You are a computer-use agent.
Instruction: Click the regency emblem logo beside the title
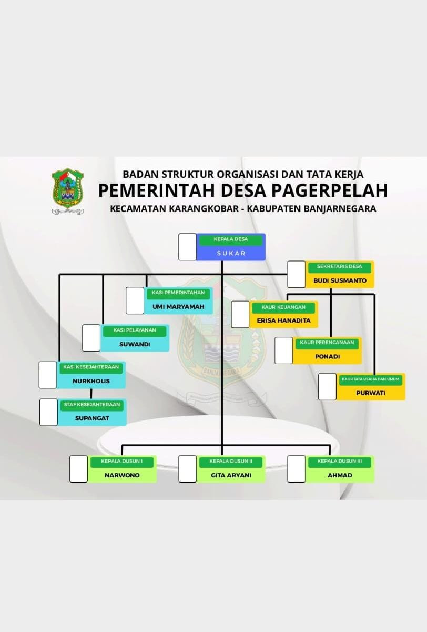(x=68, y=190)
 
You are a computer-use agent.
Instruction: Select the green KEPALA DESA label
(x=230, y=239)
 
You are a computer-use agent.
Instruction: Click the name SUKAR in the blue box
(x=231, y=253)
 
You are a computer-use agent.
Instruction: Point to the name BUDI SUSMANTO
(x=340, y=280)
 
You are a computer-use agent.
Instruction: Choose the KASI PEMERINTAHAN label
(x=178, y=293)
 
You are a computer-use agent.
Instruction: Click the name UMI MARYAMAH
(x=178, y=307)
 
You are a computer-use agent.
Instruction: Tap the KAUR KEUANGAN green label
(x=283, y=307)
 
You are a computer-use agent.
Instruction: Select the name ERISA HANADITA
(x=284, y=320)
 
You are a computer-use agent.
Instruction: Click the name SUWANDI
(x=135, y=344)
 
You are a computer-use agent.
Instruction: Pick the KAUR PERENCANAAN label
(x=327, y=343)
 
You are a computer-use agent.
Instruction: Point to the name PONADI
(x=327, y=356)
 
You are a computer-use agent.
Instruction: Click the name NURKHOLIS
(x=91, y=380)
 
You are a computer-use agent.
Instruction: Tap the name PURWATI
(x=371, y=393)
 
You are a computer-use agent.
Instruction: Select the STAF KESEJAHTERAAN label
(x=91, y=405)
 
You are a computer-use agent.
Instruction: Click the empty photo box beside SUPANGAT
(x=48, y=412)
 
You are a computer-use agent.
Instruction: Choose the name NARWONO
(x=122, y=475)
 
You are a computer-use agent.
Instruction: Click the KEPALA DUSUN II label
(x=231, y=462)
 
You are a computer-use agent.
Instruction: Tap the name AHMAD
(x=340, y=475)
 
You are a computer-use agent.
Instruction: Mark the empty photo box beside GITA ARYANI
(x=187, y=469)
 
